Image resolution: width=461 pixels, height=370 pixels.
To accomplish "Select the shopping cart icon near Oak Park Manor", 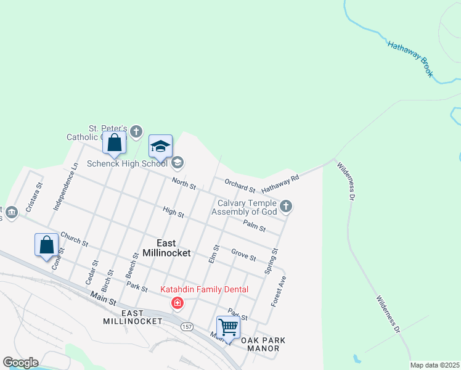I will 228,327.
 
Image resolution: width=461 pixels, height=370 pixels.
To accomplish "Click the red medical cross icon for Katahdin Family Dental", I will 177,303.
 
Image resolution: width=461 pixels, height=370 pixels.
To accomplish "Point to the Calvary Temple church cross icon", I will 285,207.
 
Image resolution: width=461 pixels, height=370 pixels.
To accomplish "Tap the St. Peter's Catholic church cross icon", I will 136,131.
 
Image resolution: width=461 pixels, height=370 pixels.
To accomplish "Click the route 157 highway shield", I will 186,326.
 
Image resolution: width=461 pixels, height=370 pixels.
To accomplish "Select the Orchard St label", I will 240,186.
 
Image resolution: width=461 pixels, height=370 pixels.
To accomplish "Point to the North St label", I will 184,184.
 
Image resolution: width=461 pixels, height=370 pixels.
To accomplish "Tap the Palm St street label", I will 254,226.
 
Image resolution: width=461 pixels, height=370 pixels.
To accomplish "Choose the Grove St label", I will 243,254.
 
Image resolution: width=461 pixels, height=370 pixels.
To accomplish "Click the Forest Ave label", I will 279,292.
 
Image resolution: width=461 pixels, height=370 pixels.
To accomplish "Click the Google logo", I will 20,363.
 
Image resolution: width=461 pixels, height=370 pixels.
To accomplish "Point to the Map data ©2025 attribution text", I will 434,365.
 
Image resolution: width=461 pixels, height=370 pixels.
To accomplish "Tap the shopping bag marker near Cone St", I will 47,245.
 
